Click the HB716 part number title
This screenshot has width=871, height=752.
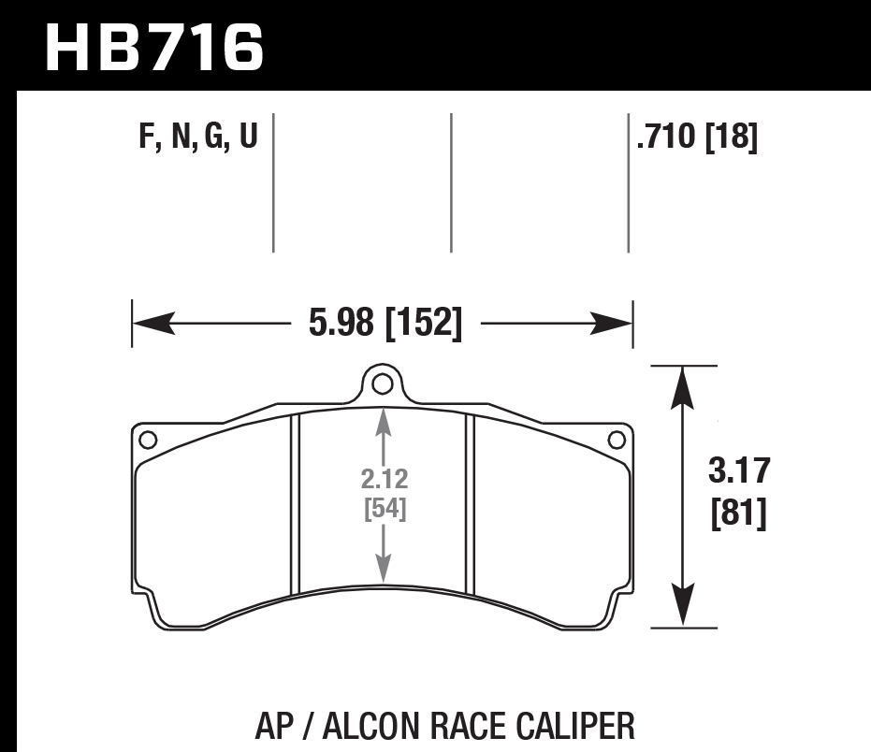[x=153, y=49]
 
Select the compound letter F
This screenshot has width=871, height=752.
[x=147, y=136]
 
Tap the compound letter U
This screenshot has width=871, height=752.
[x=249, y=136]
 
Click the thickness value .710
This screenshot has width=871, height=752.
[x=666, y=136]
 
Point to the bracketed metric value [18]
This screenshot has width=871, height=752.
[x=732, y=136]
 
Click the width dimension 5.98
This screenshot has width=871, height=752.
[x=341, y=322]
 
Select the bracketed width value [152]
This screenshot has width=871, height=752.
[x=423, y=323]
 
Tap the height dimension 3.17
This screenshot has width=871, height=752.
[x=739, y=470]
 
